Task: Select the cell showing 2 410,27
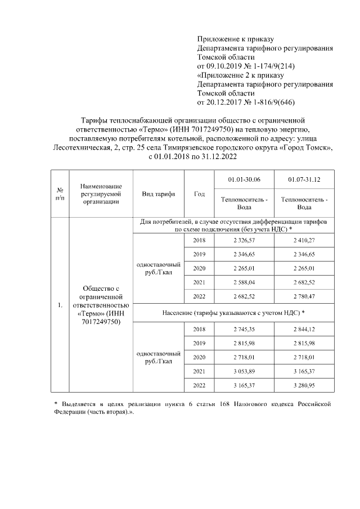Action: (x=304, y=241)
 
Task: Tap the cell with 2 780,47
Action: (x=304, y=295)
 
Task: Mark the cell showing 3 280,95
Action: (x=304, y=385)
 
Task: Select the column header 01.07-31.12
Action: (x=304, y=179)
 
